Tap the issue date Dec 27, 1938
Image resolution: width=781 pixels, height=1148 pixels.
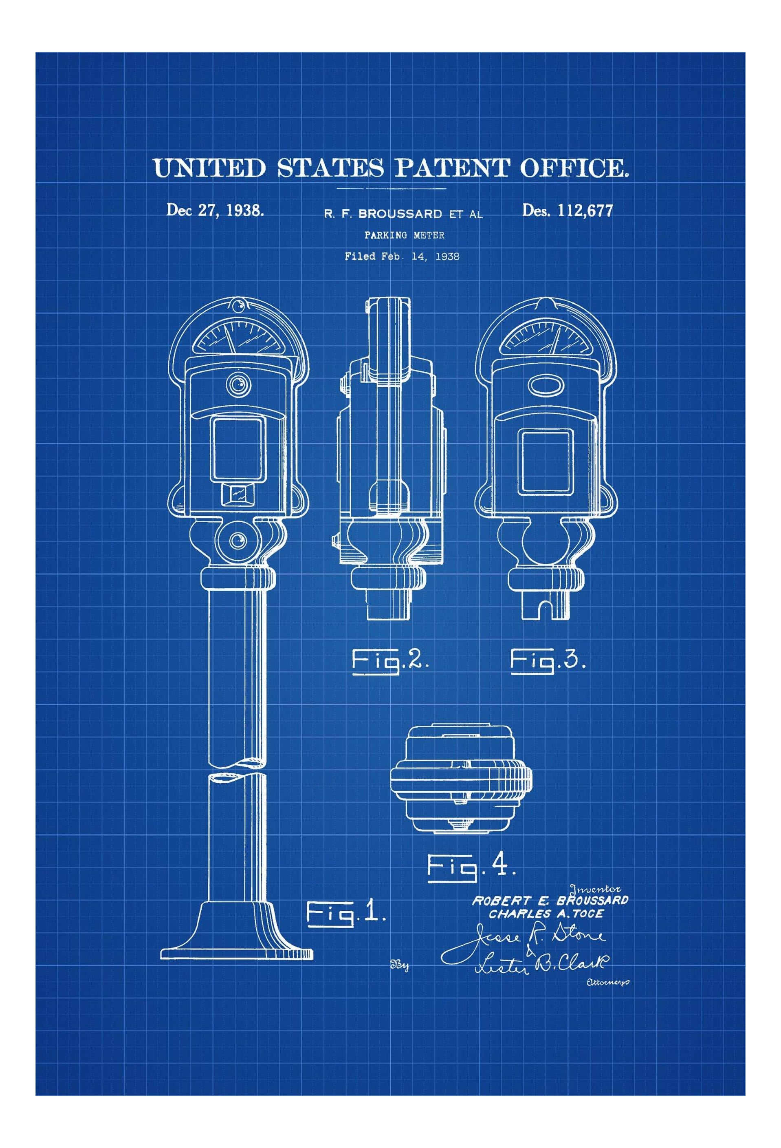215,210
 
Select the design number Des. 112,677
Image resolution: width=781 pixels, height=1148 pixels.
568,211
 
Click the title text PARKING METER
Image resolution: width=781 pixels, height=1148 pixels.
404,235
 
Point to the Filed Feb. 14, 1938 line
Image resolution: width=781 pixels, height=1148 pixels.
402,256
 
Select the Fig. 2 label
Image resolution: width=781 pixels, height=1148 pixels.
390,660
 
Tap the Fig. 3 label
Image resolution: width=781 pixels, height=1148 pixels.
548,660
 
